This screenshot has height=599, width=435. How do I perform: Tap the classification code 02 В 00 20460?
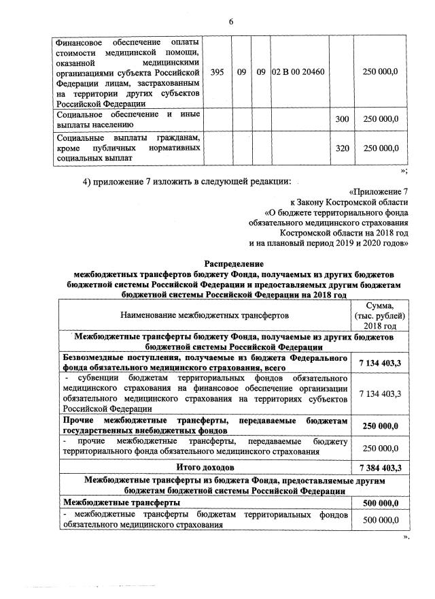tap(298, 72)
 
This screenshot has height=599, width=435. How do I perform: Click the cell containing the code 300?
tap(342, 119)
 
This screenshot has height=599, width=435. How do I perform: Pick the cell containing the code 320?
tap(342, 147)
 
